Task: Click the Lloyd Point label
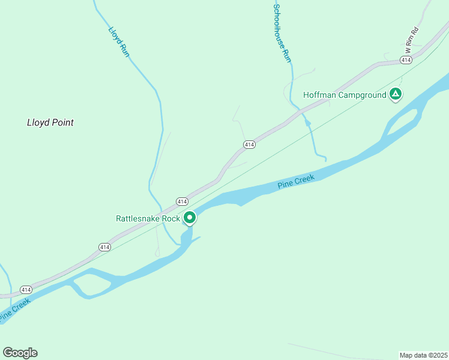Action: point(50,122)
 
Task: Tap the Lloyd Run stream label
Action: point(119,42)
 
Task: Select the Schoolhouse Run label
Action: point(282,34)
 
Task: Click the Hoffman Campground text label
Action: point(345,95)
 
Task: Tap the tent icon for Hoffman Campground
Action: point(396,94)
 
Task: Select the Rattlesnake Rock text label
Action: point(148,218)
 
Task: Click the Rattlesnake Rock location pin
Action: point(190,218)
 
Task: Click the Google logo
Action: point(20,353)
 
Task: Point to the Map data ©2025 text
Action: point(423,355)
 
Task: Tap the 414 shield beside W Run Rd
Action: point(406,60)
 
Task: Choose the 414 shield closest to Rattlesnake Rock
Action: point(182,201)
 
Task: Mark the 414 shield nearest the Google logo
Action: point(25,289)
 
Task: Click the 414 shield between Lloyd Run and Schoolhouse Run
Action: point(249,145)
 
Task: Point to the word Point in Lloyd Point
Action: point(63,122)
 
